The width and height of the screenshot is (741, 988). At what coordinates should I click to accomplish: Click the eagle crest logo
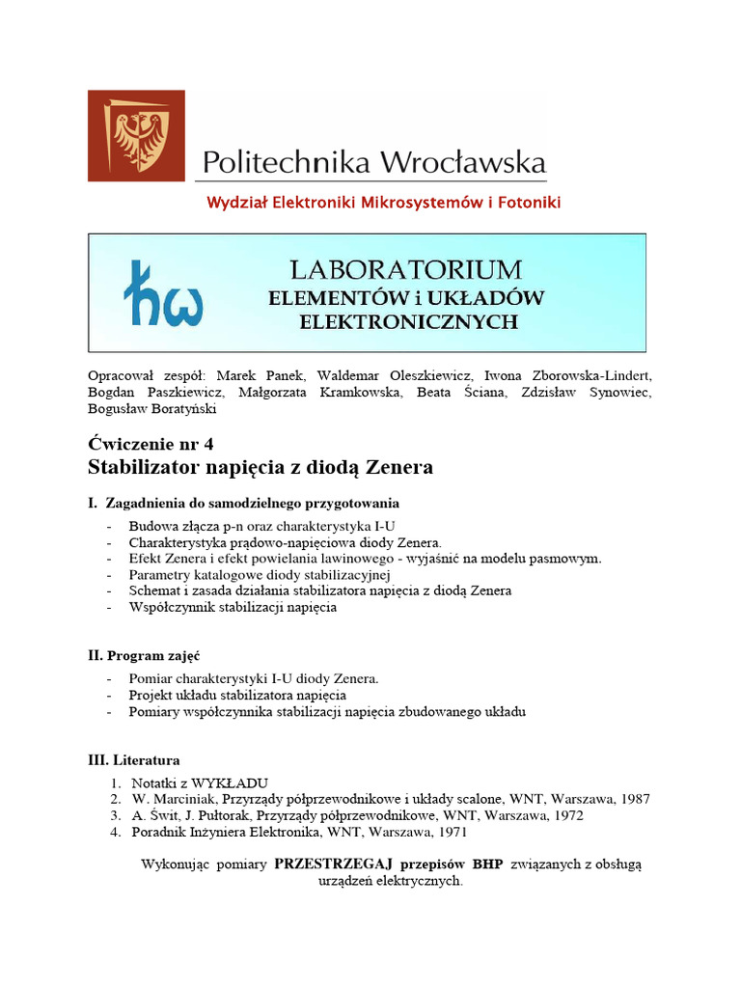(136, 136)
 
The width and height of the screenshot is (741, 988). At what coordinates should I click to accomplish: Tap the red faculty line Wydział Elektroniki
(383, 203)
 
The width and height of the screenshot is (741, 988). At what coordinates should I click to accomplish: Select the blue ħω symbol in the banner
(163, 293)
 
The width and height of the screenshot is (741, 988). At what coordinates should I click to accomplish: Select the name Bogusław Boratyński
(152, 408)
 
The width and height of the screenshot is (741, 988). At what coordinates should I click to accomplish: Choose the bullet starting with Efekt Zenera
(365, 559)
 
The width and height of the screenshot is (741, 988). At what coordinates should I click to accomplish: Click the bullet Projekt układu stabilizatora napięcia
(237, 695)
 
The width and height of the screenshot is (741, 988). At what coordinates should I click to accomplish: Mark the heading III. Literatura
(134, 760)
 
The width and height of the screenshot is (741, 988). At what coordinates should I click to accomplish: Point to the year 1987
(633, 799)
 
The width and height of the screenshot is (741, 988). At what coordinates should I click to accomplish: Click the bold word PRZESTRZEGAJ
(340, 864)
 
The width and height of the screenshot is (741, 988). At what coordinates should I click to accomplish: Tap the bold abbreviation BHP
(488, 864)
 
